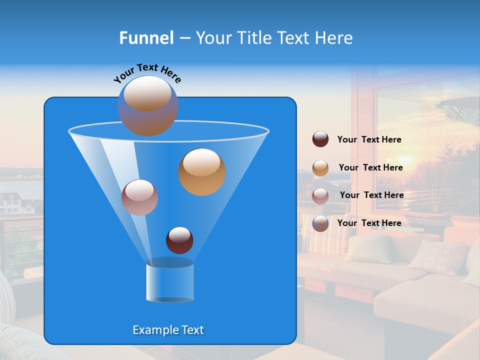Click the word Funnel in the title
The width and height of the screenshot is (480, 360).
coord(146,38)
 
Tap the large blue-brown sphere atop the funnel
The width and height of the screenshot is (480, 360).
coord(147,105)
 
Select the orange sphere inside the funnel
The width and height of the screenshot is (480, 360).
coord(202,172)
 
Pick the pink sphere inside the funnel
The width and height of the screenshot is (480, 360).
coord(139,197)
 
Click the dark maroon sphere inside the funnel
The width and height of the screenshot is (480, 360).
coord(179,240)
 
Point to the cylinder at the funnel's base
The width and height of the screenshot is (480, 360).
coord(169,282)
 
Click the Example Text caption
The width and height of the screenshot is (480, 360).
coord(168,330)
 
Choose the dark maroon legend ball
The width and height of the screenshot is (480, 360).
coord(320,139)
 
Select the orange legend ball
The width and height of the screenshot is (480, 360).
coord(320,168)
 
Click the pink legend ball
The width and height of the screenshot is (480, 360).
coord(320,195)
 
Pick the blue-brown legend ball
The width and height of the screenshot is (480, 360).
coord(320,223)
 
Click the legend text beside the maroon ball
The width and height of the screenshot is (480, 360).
coord(369,140)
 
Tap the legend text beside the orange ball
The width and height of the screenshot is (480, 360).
coord(370,168)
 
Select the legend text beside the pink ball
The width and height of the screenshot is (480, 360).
coord(371,195)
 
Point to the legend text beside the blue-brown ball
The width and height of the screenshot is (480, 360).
coord(369,223)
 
